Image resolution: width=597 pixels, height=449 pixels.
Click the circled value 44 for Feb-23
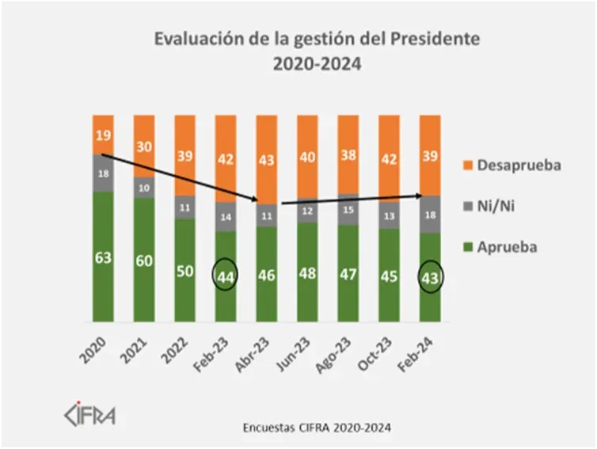[225, 276]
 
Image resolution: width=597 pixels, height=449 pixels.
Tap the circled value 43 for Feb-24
[430, 276]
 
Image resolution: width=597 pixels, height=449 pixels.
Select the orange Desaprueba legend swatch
[470, 166]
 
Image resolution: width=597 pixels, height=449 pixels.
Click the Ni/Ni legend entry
[501, 206]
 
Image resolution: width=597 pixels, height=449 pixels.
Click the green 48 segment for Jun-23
[307, 272]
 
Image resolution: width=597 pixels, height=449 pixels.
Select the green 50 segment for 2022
[184, 270]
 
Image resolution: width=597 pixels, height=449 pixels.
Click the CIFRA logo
[88, 414]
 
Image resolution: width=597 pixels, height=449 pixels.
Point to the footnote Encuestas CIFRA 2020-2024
[316, 428]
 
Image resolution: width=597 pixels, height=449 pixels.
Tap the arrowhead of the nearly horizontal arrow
[420, 195]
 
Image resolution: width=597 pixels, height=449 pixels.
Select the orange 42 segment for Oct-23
[390, 158]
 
